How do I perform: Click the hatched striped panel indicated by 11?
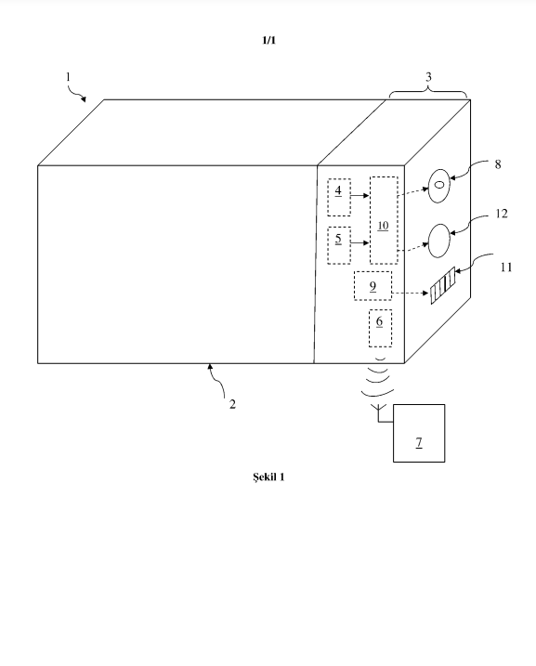tap(442, 285)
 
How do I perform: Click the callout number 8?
tap(498, 164)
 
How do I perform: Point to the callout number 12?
tap(502, 214)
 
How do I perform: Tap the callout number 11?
tap(506, 268)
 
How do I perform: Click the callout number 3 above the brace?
tap(428, 77)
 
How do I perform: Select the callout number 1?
tap(68, 77)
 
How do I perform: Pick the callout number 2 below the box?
tap(232, 404)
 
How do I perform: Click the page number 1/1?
tap(268, 40)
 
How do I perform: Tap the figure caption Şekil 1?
tap(268, 477)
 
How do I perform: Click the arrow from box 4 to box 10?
tap(360, 196)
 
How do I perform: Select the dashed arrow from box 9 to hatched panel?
tap(410, 293)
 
